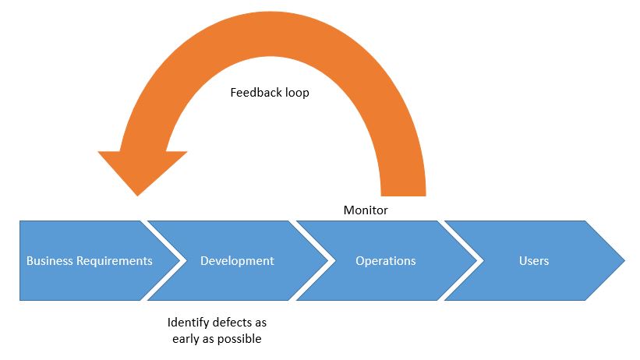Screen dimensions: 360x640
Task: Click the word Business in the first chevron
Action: click(50, 261)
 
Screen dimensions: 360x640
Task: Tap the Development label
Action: click(237, 261)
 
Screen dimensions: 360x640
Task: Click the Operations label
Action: click(385, 261)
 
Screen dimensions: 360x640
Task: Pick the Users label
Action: click(534, 261)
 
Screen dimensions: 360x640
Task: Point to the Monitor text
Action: click(366, 210)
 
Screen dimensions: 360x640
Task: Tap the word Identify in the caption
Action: click(188, 322)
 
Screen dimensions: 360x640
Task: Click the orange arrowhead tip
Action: click(137, 194)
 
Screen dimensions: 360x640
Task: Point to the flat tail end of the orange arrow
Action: click(403, 194)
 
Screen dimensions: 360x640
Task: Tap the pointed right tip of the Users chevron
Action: click(623, 260)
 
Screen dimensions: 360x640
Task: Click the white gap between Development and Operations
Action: click(312, 260)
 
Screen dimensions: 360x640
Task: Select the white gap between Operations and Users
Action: click(459, 260)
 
